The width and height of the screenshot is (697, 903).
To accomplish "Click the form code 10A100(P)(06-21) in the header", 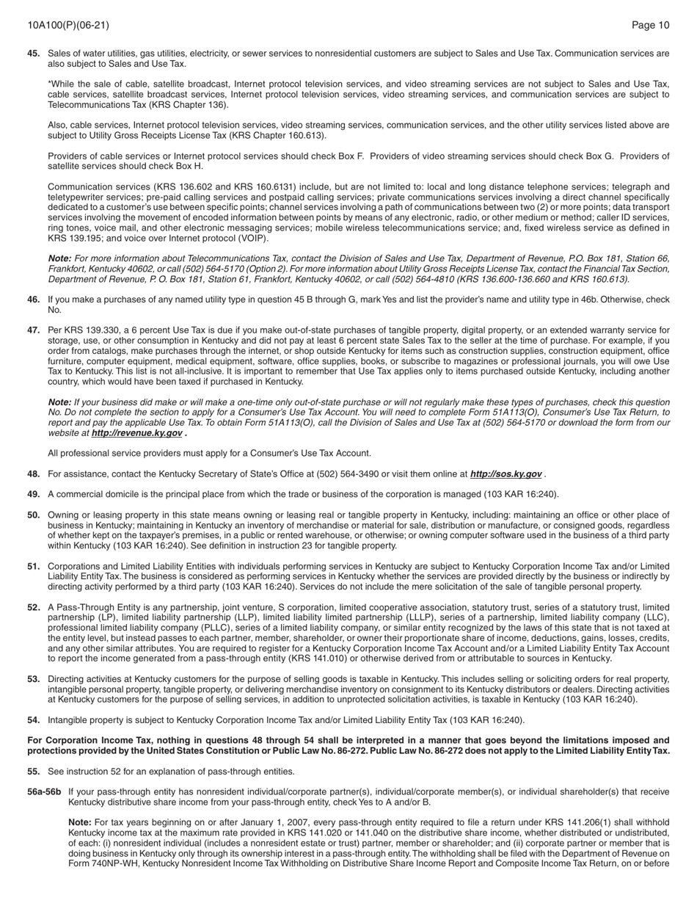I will pyautogui.click(x=68, y=26).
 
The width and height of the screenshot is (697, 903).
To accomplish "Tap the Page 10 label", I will pyautogui.click(x=650, y=26).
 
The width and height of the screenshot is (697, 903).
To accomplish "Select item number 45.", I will pyautogui.click(x=34, y=54).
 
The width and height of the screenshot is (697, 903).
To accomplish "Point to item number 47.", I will pyautogui.click(x=34, y=330).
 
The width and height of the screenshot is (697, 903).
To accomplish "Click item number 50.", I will pyautogui.click(x=34, y=515).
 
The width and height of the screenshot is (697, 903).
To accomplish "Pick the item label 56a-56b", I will pyautogui.click(x=44, y=792).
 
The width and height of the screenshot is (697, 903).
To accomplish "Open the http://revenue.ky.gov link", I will pyautogui.click(x=136, y=433).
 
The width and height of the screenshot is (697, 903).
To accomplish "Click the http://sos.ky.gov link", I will pyautogui.click(x=506, y=474).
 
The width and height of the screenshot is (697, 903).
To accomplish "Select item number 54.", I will pyautogui.click(x=34, y=720).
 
